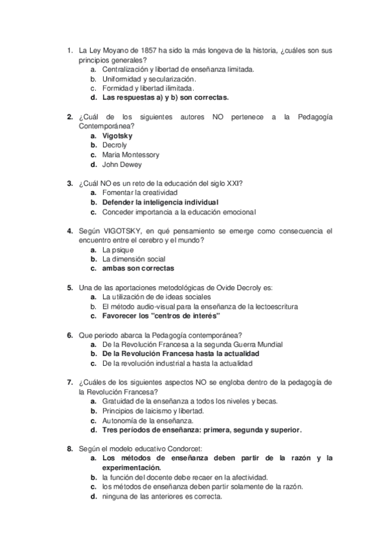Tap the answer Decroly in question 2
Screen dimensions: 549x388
[x=115, y=146]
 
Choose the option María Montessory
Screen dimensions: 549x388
[x=130, y=155]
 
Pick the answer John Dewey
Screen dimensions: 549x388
[x=121, y=164]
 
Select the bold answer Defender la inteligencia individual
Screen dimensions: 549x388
[x=160, y=203]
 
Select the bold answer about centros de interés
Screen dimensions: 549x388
[x=161, y=316]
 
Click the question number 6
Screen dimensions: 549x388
[x=69, y=335]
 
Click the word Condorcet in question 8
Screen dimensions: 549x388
[x=183, y=449]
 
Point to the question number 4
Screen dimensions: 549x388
[x=69, y=230]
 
